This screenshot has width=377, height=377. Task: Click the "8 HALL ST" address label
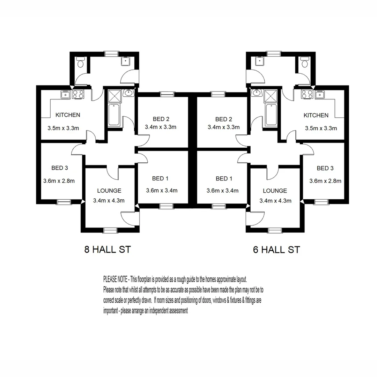click(108, 250)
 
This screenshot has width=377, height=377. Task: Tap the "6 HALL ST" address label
click(276, 250)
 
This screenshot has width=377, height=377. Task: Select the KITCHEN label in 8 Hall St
click(68, 115)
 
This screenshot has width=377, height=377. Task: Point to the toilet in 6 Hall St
click(304, 63)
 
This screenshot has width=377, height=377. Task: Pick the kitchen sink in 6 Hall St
click(319, 94)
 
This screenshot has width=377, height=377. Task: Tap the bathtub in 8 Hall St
click(114, 114)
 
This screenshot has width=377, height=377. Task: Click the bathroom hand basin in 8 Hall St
click(128, 93)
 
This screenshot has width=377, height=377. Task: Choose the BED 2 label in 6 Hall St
click(224, 119)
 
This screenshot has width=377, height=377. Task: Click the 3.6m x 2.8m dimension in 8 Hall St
click(59, 181)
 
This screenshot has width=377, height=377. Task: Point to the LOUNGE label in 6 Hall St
click(275, 191)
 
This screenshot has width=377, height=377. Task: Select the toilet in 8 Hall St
click(80, 63)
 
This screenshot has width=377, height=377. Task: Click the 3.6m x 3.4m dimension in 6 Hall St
click(222, 191)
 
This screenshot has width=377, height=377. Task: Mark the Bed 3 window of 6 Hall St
click(320, 201)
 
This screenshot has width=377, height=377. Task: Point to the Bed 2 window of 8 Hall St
click(167, 94)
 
